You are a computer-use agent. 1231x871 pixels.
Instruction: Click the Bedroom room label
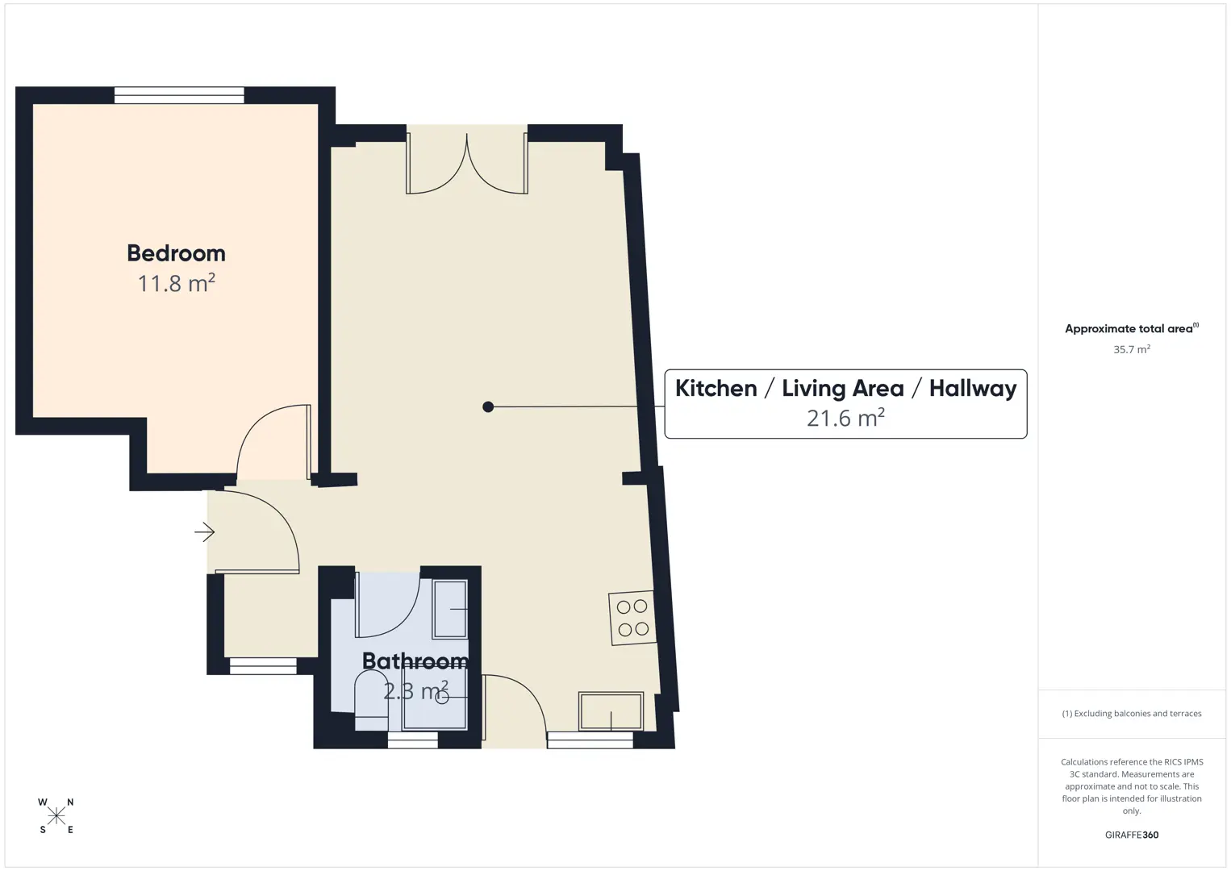coord(176,253)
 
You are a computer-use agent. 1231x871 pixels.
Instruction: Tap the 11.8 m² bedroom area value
coord(176,283)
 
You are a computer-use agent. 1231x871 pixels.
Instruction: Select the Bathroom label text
coord(415,661)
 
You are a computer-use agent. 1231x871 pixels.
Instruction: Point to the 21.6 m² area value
coord(845,418)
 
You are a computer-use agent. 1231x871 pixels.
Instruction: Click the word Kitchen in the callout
coord(716,388)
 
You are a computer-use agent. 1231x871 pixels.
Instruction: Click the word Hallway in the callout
coord(973,389)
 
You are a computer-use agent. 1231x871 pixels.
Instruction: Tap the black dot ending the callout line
coord(488,406)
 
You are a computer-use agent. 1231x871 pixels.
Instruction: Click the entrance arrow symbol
coord(204,532)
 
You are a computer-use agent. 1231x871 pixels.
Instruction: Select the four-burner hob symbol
coord(632,618)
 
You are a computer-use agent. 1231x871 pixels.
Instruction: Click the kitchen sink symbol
coord(611,711)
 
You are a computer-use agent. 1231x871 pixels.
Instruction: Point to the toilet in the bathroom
coord(372,701)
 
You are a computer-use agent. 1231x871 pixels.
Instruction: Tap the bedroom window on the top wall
coord(179,95)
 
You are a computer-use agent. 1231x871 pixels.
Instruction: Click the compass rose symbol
coord(56,816)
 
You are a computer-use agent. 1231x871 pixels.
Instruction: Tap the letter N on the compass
coord(70,802)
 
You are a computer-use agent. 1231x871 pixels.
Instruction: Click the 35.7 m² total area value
coord(1132,349)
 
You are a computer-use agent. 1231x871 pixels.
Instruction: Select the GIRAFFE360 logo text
coord(1132,835)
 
